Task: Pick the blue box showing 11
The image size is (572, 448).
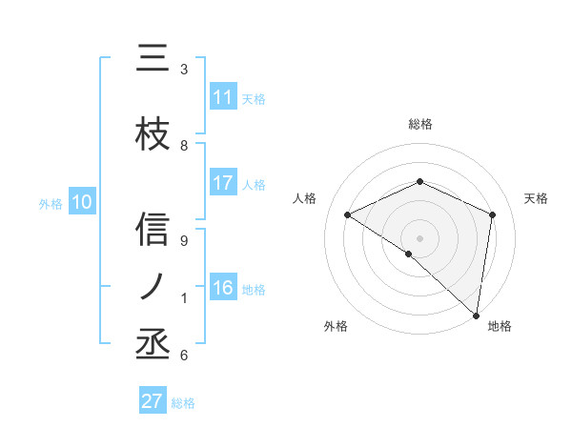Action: pyautogui.click(x=223, y=98)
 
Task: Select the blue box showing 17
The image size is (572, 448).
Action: pyautogui.click(x=223, y=184)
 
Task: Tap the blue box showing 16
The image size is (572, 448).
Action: pyautogui.click(x=223, y=289)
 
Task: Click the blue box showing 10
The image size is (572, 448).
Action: pyautogui.click(x=82, y=202)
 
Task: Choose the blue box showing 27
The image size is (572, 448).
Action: pyautogui.click(x=153, y=401)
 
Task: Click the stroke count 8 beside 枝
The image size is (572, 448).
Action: pyautogui.click(x=184, y=146)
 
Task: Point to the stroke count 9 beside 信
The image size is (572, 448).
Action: pyautogui.click(x=184, y=242)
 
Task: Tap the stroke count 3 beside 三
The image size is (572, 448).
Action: pyautogui.click(x=184, y=70)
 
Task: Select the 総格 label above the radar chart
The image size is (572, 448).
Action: pyautogui.click(x=419, y=124)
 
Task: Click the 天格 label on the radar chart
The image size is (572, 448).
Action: pyautogui.click(x=536, y=198)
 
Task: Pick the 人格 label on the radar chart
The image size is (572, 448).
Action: pyautogui.click(x=304, y=198)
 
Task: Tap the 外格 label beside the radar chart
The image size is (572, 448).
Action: pyautogui.click(x=335, y=326)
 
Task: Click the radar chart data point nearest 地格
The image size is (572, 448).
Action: pyautogui.click(x=476, y=315)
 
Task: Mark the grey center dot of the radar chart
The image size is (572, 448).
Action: pyautogui.click(x=419, y=237)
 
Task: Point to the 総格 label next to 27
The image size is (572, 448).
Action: pyautogui.click(x=183, y=403)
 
